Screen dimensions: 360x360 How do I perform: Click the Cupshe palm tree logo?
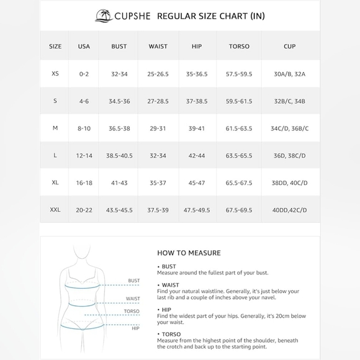(x=104, y=16)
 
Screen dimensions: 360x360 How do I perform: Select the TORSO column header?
(x=239, y=47)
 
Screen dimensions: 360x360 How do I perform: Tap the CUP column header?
(x=289, y=47)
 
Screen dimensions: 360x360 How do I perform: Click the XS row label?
(x=55, y=74)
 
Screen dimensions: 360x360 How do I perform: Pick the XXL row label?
(x=55, y=210)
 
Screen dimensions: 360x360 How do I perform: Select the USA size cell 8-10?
(x=84, y=128)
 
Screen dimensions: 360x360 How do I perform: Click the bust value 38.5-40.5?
(x=119, y=156)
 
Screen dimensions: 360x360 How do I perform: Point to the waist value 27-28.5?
(x=158, y=101)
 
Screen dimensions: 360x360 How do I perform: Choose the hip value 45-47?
(x=197, y=183)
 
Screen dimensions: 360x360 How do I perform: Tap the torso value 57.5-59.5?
(x=239, y=74)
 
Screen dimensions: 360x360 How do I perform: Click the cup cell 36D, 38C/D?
(x=289, y=156)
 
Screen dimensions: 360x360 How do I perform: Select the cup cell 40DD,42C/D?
(x=289, y=210)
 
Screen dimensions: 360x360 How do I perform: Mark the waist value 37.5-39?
(x=158, y=210)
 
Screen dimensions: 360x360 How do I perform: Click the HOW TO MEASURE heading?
(x=189, y=253)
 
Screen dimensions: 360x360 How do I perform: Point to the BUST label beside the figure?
(x=133, y=281)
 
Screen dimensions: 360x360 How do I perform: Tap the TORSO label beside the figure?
(x=132, y=312)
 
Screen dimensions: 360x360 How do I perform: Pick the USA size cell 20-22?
(x=84, y=210)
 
